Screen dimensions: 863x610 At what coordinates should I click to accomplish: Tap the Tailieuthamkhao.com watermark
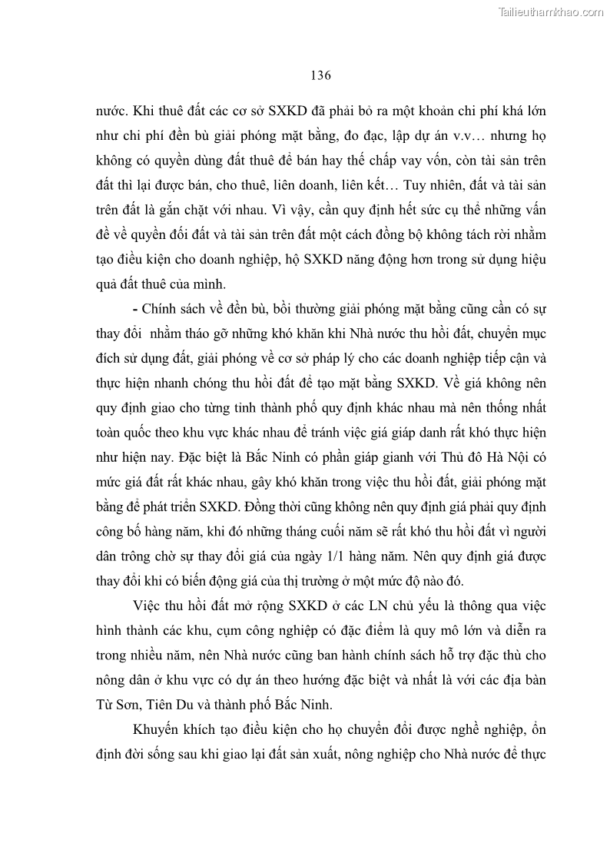[x=552, y=12]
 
